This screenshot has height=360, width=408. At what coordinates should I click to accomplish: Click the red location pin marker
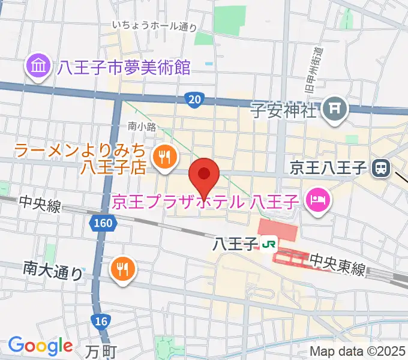[203, 176]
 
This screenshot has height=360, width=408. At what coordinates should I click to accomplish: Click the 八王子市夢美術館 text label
[124, 67]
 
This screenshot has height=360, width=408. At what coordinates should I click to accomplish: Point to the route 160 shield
[102, 223]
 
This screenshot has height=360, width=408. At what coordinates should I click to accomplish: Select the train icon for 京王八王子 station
[380, 169]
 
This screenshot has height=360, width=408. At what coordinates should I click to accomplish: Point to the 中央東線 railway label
[337, 265]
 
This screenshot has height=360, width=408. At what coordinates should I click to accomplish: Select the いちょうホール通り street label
[155, 26]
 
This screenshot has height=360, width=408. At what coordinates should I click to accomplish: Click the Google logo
[40, 346]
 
